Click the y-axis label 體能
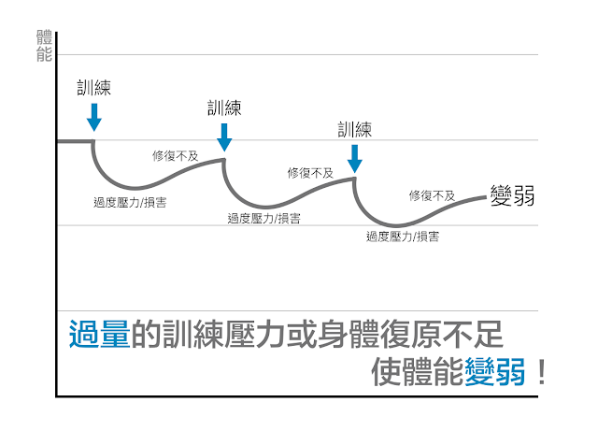pos(44,46)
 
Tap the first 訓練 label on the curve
pos(93,88)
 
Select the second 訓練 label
pos(224,108)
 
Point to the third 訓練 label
pos(355,130)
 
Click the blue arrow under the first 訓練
pos(94,117)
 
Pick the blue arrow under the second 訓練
pos(224,137)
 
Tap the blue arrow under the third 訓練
pos(355,159)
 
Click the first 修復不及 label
pos(175,156)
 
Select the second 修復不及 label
pos(310,173)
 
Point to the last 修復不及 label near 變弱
pos(432,195)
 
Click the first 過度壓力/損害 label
pos(130,202)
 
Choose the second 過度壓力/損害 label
pos(263,219)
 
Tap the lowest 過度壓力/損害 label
pos(403,237)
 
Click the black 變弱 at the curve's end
pos(512,195)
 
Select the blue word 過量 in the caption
pos(100,334)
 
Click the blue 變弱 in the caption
pos(494,371)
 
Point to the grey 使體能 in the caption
pos(418,371)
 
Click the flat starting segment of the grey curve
pos(75,141)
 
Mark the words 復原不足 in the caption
pos(442,334)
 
